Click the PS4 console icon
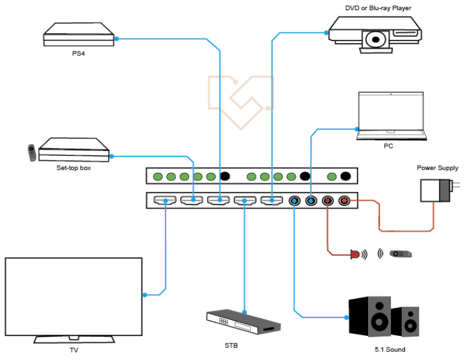click(78, 34)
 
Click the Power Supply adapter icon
click(437, 191)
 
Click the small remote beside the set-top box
click(30, 152)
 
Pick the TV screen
click(73, 295)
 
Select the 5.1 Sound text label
click(389, 349)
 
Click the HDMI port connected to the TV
click(165, 201)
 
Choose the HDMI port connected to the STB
click(245, 201)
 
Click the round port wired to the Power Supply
click(344, 201)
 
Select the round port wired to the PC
click(311, 201)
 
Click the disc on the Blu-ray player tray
click(375, 40)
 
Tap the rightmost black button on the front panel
click(345, 176)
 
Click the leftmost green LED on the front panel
click(157, 176)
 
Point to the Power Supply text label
click(437, 168)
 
